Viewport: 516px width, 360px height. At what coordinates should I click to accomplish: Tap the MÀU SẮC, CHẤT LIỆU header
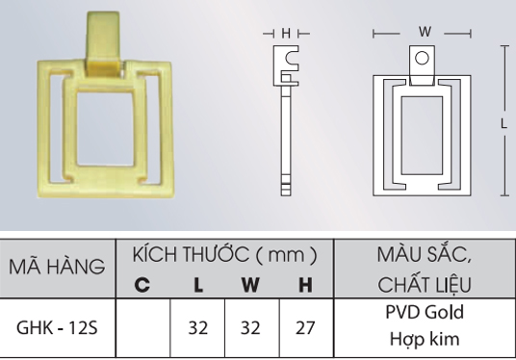(x=424, y=269)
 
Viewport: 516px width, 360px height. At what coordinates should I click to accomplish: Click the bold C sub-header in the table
(x=142, y=285)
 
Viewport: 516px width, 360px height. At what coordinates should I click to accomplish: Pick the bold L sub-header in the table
(x=197, y=285)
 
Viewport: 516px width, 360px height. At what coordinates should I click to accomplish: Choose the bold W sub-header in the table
(x=250, y=285)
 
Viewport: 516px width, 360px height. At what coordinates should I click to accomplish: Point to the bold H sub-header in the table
(x=305, y=285)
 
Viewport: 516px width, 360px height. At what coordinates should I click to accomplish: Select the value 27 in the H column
(x=305, y=327)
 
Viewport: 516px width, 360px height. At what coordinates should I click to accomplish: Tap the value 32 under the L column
(x=197, y=327)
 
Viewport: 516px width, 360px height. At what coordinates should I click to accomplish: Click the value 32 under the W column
(x=250, y=327)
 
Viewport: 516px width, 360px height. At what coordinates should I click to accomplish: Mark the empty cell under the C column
(x=142, y=327)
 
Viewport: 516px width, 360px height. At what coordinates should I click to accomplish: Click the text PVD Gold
(x=424, y=314)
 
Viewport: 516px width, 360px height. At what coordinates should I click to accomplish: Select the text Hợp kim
(x=424, y=340)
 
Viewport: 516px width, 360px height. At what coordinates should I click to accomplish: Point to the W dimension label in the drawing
(x=424, y=32)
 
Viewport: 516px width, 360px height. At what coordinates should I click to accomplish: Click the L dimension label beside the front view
(x=503, y=122)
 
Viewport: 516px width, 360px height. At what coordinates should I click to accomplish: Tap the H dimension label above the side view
(x=286, y=33)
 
